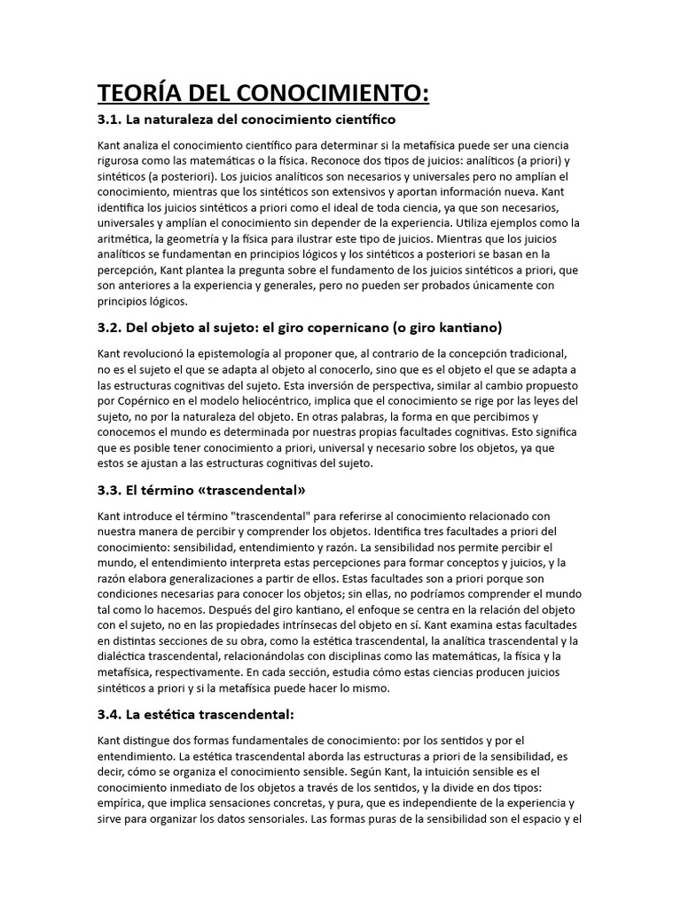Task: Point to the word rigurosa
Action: point(123,160)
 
